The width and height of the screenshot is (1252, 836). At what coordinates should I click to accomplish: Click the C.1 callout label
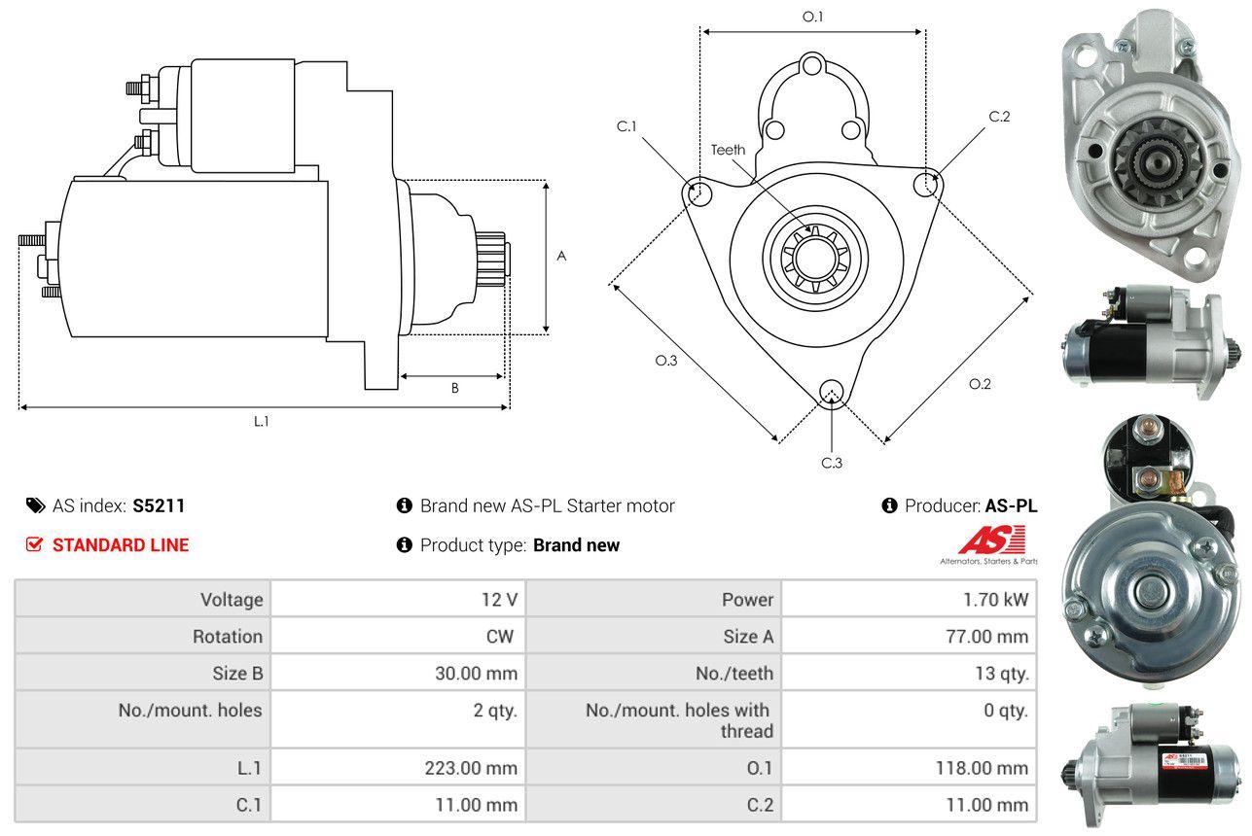626,126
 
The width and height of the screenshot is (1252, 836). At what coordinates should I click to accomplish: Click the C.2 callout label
1000,117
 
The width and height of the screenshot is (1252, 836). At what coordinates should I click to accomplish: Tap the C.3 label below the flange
832,463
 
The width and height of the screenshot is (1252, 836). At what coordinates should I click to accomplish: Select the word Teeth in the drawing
728,150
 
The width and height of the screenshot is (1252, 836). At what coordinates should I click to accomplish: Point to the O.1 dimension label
812,17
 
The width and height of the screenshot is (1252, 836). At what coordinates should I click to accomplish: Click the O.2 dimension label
980,384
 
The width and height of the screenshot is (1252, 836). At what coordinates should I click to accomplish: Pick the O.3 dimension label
665,361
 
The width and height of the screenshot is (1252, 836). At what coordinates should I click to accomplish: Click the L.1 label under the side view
262,421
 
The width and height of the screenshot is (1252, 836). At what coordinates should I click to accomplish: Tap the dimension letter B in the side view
454,388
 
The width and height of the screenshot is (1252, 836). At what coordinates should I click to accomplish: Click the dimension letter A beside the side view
561,256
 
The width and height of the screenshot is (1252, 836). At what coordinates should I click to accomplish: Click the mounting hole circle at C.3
831,392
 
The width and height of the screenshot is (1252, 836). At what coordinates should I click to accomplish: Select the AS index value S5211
159,505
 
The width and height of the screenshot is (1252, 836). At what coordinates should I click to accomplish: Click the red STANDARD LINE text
121,545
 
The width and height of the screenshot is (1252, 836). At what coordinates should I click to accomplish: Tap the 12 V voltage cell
499,600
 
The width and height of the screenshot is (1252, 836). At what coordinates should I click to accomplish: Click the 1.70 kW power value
995,600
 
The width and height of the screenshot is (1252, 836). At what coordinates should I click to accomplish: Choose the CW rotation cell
505,637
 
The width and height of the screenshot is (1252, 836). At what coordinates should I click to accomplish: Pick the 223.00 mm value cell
471,768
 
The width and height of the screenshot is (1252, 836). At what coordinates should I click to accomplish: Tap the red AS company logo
991,540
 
